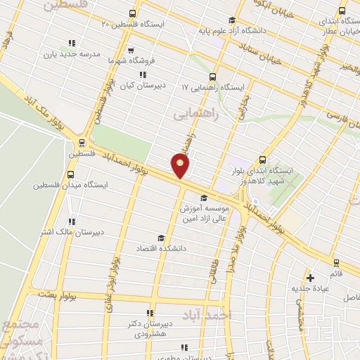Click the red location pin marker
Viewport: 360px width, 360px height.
tap(181, 166)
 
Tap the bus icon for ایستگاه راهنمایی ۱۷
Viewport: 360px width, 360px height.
tap(213, 77)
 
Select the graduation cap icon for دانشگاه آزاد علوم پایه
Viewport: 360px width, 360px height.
tap(232, 20)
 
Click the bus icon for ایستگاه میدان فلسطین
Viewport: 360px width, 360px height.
tap(70, 174)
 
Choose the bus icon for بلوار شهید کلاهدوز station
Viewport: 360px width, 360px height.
tap(263, 160)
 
